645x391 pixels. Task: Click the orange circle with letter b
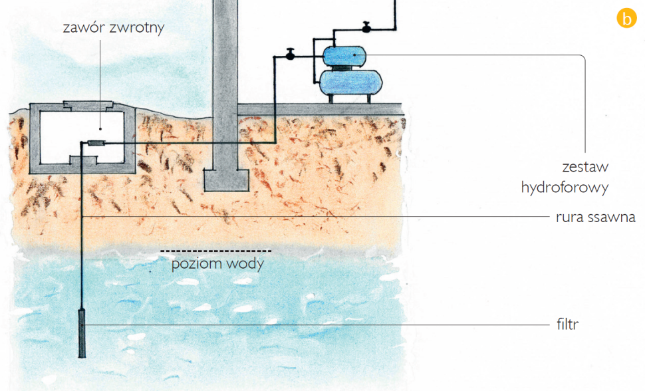pyautogui.click(x=626, y=18)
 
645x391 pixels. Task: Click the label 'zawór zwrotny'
pyautogui.click(x=112, y=29)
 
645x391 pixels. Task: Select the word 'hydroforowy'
pyautogui.click(x=565, y=188)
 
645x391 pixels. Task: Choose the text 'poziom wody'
pyautogui.click(x=217, y=263)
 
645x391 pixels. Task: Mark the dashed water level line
pyautogui.click(x=215, y=251)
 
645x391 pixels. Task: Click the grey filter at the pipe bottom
pyautogui.click(x=82, y=332)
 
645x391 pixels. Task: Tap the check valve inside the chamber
pyautogui.click(x=96, y=143)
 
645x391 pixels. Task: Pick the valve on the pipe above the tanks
pyautogui.click(x=366, y=28)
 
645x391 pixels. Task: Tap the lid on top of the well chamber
pyautogui.click(x=88, y=105)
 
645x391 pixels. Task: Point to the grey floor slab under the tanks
pyautogui.click(x=319, y=108)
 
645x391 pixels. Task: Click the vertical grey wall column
pyautogui.click(x=225, y=80)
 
